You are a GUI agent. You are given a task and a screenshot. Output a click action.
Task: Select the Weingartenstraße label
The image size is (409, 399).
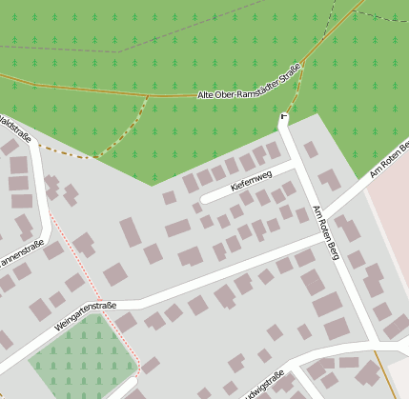(85, 316)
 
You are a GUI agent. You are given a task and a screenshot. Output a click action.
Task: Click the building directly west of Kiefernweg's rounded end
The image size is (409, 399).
(170, 197)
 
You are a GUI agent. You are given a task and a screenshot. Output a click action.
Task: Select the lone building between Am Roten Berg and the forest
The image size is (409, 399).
(311, 150)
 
